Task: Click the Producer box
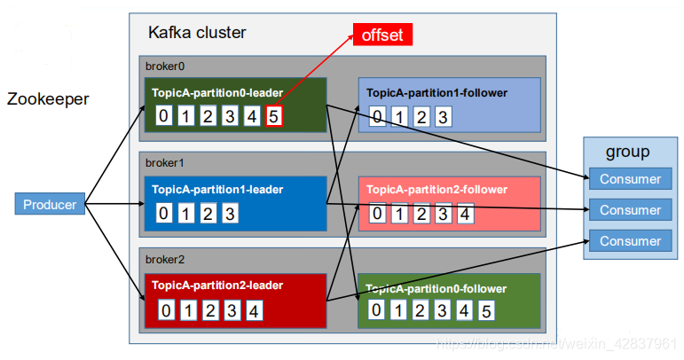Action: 50,205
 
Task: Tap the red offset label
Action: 382,35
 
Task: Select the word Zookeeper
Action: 48,99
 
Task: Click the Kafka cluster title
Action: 197,33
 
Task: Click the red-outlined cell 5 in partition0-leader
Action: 273,115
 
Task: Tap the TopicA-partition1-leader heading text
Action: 217,189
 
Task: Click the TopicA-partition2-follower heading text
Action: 436,190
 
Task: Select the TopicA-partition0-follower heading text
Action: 436,288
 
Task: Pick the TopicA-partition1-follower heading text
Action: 436,92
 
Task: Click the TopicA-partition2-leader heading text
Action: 217,286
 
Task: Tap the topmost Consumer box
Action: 630,179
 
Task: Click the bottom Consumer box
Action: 630,241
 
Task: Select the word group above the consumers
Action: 627,153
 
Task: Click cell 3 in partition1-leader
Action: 229,213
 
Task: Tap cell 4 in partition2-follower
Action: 465,213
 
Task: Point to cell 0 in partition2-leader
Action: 166,310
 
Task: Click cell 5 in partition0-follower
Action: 484,310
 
